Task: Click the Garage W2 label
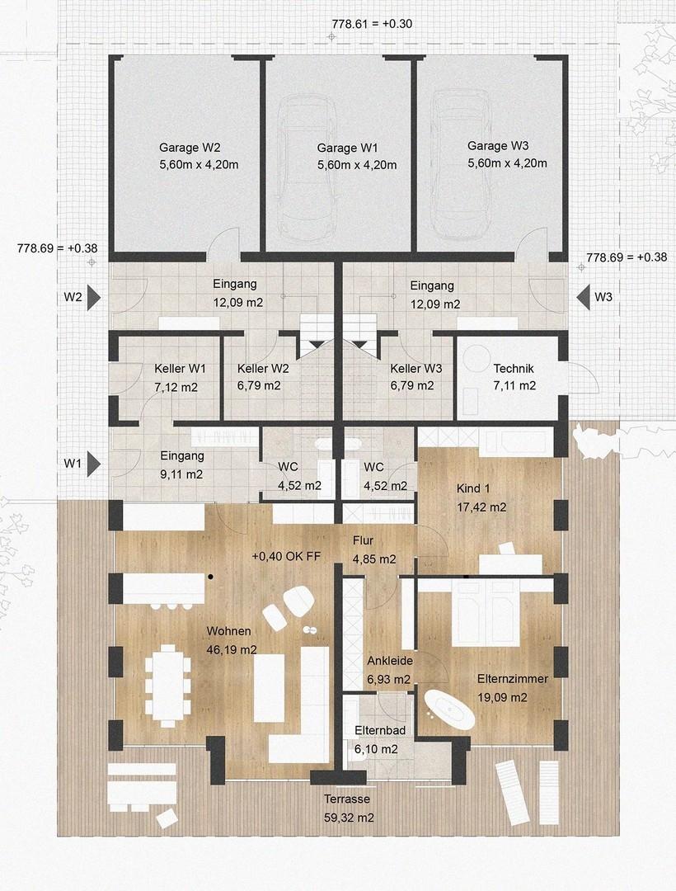(x=189, y=148)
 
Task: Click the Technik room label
(x=514, y=369)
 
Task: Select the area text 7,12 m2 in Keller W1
(x=173, y=385)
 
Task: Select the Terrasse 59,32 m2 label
(x=346, y=808)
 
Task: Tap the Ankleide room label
(x=389, y=661)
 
